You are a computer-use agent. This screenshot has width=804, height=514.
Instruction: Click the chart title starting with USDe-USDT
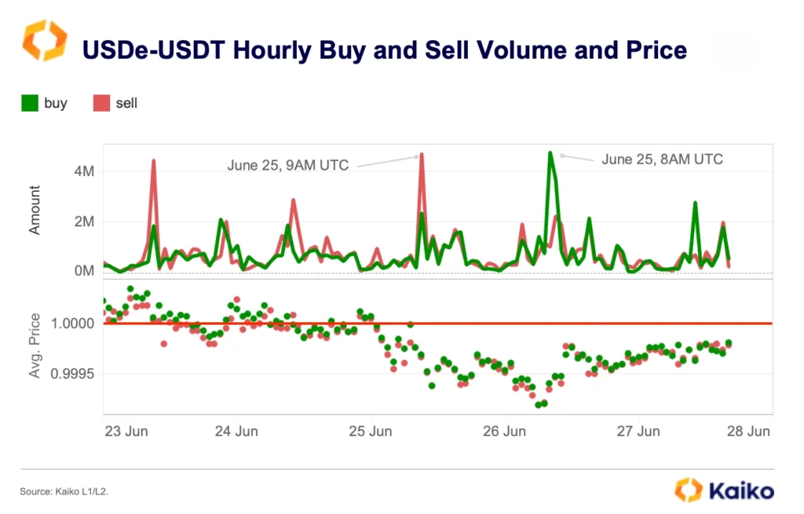click(385, 50)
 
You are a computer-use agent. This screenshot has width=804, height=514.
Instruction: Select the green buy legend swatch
click(31, 103)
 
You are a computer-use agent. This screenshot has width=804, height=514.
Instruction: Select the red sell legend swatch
click(101, 103)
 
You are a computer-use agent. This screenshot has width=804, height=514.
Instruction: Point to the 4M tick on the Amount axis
click(81, 171)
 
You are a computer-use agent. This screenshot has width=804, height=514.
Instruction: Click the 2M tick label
click(81, 222)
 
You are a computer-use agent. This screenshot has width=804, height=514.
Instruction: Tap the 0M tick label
click(81, 271)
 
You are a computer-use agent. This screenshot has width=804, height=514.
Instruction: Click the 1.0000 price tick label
click(72, 323)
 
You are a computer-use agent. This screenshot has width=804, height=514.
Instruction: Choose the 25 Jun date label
click(371, 431)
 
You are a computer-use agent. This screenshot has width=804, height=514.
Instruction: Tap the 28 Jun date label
click(748, 431)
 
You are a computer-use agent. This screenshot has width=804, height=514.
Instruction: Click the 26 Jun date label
click(504, 431)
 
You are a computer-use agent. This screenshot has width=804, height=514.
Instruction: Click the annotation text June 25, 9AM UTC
click(287, 165)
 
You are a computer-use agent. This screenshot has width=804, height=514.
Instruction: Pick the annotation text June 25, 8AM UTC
click(662, 159)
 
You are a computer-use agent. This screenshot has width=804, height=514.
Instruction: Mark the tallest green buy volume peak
click(550, 152)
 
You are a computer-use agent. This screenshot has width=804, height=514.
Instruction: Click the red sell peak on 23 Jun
click(154, 160)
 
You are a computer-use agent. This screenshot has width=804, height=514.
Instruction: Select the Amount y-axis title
click(35, 209)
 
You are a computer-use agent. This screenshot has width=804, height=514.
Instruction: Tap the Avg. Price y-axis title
click(35, 345)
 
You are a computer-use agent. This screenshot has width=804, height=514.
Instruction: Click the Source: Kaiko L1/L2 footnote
click(64, 491)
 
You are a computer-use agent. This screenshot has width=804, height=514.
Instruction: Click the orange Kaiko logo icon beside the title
click(45, 41)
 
